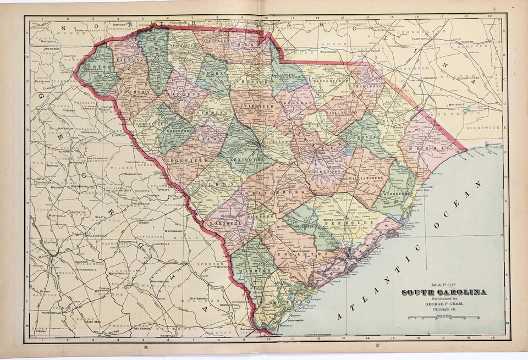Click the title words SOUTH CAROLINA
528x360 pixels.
pyautogui.click(x=443, y=291)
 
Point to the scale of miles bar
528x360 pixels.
pyautogui.click(x=443, y=318)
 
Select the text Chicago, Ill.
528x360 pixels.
pyautogui.click(x=443, y=310)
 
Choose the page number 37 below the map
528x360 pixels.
pyautogui.click(x=377, y=346)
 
